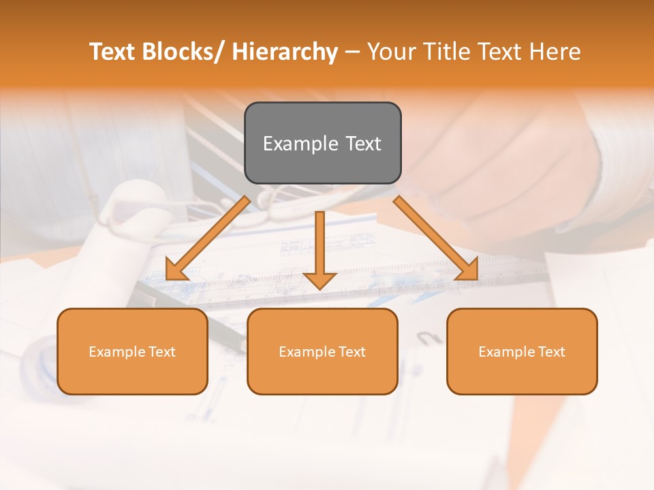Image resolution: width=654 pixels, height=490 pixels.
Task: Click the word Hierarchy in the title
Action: tap(285, 52)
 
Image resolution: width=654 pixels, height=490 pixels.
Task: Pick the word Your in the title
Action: tap(391, 52)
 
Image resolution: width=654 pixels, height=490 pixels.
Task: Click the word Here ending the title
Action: tap(557, 52)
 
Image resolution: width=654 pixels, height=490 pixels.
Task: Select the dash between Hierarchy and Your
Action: tap(352, 52)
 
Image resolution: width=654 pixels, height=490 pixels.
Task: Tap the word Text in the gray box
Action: tap(362, 144)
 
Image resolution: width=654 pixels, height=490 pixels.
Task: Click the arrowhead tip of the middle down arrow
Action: tap(320, 289)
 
